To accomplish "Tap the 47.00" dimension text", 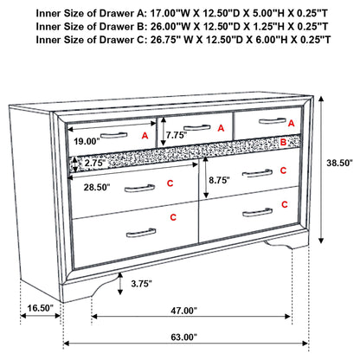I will pyautogui.click(x=183, y=311).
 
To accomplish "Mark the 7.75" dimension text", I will pyautogui.click(x=176, y=136).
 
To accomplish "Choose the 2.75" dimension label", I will pyautogui.click(x=95, y=164).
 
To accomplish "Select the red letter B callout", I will pyautogui.click(x=282, y=141).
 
